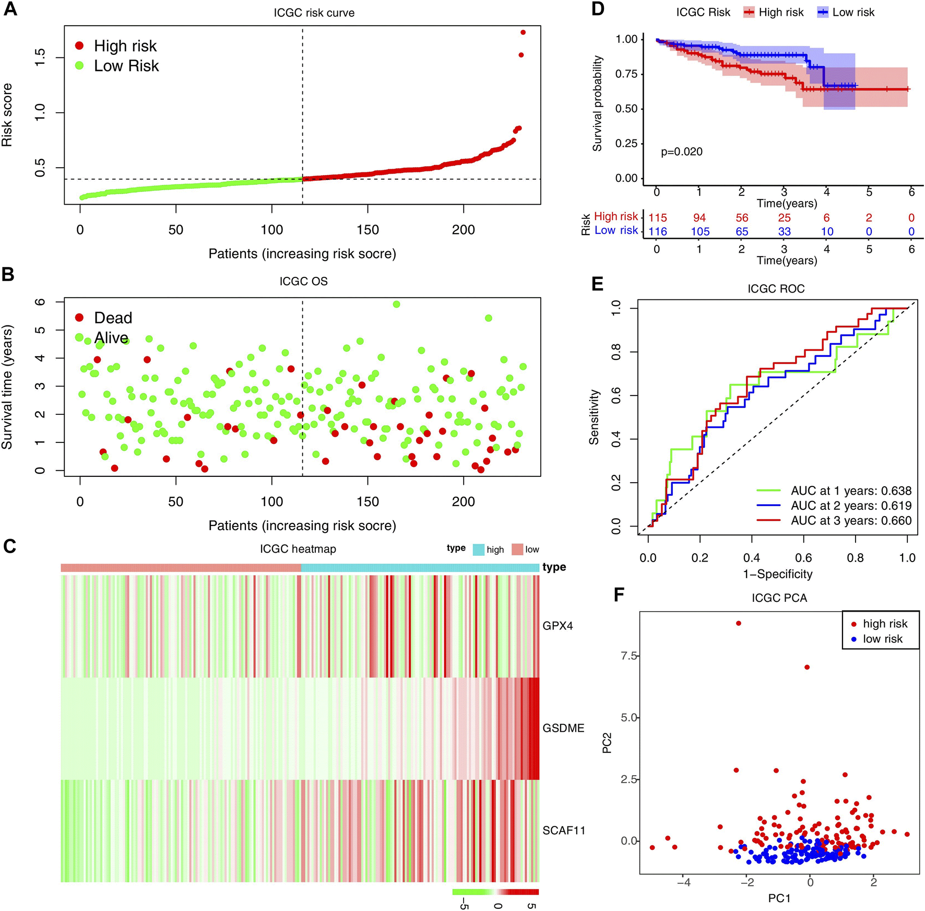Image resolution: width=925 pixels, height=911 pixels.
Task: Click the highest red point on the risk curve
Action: coord(523,32)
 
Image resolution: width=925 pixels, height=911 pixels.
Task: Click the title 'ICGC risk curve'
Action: coord(314,13)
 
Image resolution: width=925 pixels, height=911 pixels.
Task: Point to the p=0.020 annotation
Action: coord(681,151)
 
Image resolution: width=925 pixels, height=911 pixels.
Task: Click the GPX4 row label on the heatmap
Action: coord(558,625)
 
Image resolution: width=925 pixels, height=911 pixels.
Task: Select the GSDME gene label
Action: coord(563,728)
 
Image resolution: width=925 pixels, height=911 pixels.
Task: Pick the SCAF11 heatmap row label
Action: coord(564,830)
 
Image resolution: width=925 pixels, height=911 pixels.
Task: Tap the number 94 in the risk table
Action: coord(699,218)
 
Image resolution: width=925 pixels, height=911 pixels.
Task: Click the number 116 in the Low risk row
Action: coord(658,231)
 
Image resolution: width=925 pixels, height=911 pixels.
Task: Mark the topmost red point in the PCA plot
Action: coord(738,623)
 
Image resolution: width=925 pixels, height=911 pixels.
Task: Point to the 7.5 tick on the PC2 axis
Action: coord(629,656)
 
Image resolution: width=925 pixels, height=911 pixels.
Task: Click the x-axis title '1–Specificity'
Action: coord(777,574)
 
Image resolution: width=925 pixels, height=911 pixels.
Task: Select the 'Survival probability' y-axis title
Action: coord(597,103)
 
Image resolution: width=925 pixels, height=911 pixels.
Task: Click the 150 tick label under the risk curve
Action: coord(367,230)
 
